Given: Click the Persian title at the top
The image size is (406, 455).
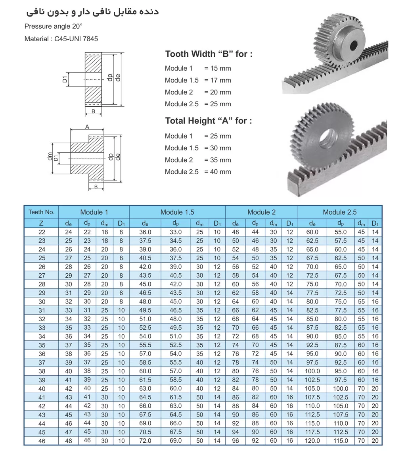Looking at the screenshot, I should pyautogui.click(x=92, y=12).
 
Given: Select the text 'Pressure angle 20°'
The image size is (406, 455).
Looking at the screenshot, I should pyautogui.click(x=54, y=26).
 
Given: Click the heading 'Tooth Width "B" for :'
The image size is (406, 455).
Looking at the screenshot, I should pyautogui.click(x=209, y=54).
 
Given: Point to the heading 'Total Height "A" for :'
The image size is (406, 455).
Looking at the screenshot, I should pyautogui.click(x=209, y=121).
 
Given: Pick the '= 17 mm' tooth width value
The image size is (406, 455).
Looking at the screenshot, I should pyautogui.click(x=217, y=80).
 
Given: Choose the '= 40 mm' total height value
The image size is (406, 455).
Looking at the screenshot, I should pyautogui.click(x=217, y=172).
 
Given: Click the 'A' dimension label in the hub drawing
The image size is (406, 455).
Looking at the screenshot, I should pyautogui.click(x=87, y=127).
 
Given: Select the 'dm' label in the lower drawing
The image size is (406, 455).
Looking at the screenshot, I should pyautogui.click(x=50, y=157).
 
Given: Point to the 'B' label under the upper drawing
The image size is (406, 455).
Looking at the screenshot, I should pyautogui.click(x=93, y=111).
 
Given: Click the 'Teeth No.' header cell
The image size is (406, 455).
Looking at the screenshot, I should pyautogui.click(x=42, y=212).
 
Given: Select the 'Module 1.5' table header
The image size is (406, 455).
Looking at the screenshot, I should pyautogui.click(x=177, y=212).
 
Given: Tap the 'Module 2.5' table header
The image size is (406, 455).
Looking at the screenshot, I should pyautogui.click(x=339, y=212).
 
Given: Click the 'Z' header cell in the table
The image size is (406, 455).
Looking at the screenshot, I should pyautogui.click(x=42, y=223).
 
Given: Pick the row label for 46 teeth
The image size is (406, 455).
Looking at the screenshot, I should pyautogui.click(x=42, y=441).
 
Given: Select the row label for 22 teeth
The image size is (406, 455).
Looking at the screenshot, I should pyautogui.click(x=42, y=232).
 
